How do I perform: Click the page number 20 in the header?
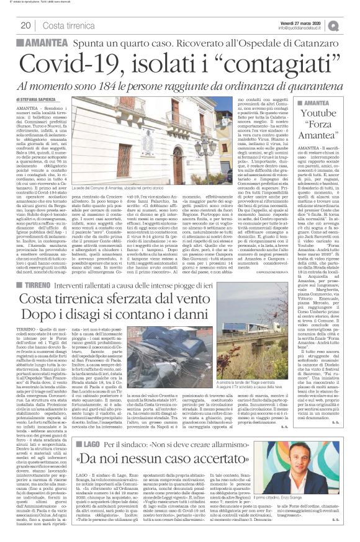(x=25, y=25)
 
